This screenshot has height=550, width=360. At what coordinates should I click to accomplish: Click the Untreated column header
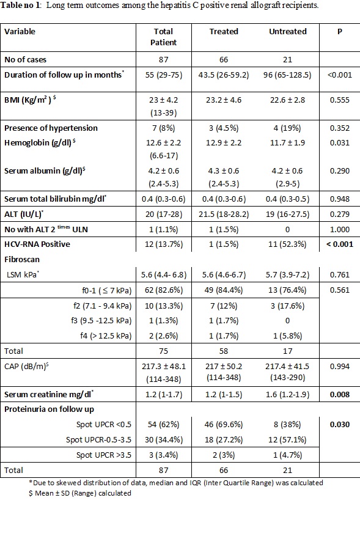pos(288,32)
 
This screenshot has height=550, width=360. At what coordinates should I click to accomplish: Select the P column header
pos(340,32)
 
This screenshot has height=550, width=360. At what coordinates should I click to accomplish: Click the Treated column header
pos(224,32)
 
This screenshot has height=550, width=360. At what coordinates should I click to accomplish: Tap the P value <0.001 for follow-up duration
pos(340,75)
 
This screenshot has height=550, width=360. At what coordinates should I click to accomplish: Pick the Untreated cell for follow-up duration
pos(287,75)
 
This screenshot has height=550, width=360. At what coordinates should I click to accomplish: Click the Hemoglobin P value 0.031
pos(340,143)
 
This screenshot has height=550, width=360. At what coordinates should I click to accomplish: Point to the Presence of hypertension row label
pos(51,128)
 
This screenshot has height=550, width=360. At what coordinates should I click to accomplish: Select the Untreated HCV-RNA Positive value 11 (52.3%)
pos(287,244)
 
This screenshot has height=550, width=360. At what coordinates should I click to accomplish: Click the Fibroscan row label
pos(22,260)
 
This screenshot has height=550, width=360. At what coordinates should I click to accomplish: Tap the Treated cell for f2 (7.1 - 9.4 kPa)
pos(224,306)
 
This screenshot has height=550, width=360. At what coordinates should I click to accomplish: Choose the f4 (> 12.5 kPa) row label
pos(106,335)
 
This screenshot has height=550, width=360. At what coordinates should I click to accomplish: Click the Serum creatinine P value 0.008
pos(340,394)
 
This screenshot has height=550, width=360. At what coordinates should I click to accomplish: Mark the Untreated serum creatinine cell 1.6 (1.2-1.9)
pos(287,394)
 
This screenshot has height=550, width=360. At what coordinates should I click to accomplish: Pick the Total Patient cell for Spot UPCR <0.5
pos(164,425)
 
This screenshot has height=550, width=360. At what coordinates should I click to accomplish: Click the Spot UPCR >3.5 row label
pos(104,455)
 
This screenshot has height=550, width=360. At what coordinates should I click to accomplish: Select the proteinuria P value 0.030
pos(340,425)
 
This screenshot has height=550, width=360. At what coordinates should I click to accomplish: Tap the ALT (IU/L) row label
pos(24,214)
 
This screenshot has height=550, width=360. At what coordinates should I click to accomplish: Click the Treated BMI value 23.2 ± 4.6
pos(224,100)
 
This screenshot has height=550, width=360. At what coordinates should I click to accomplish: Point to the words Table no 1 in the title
pos(21,5)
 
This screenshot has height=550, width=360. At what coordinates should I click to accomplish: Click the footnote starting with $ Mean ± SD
pos(80,493)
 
